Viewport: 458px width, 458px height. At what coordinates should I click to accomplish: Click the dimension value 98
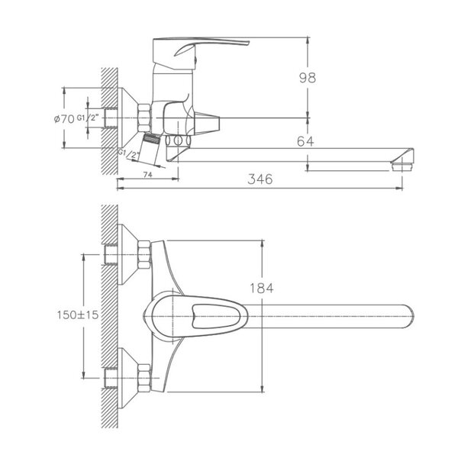(x=308, y=78)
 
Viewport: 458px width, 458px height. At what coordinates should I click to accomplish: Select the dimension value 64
(x=305, y=141)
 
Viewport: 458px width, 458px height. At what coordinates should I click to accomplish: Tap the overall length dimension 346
(x=260, y=179)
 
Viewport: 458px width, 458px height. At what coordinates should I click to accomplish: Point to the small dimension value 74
(x=148, y=175)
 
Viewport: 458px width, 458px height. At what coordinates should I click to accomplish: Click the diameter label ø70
(x=64, y=119)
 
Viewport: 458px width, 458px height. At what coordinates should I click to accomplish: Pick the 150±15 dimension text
(x=78, y=314)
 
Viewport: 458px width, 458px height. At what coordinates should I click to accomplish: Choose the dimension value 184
(x=261, y=289)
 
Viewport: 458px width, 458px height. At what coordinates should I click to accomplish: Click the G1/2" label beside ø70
(x=88, y=118)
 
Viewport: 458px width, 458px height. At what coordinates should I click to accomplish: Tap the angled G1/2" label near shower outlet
(x=128, y=153)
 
